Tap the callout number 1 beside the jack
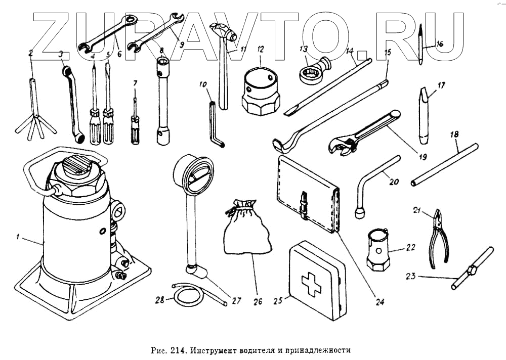click(18, 236)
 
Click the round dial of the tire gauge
click(194, 174)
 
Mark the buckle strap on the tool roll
click(304, 204)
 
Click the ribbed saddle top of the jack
click(76, 168)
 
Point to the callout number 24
click(380, 303)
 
